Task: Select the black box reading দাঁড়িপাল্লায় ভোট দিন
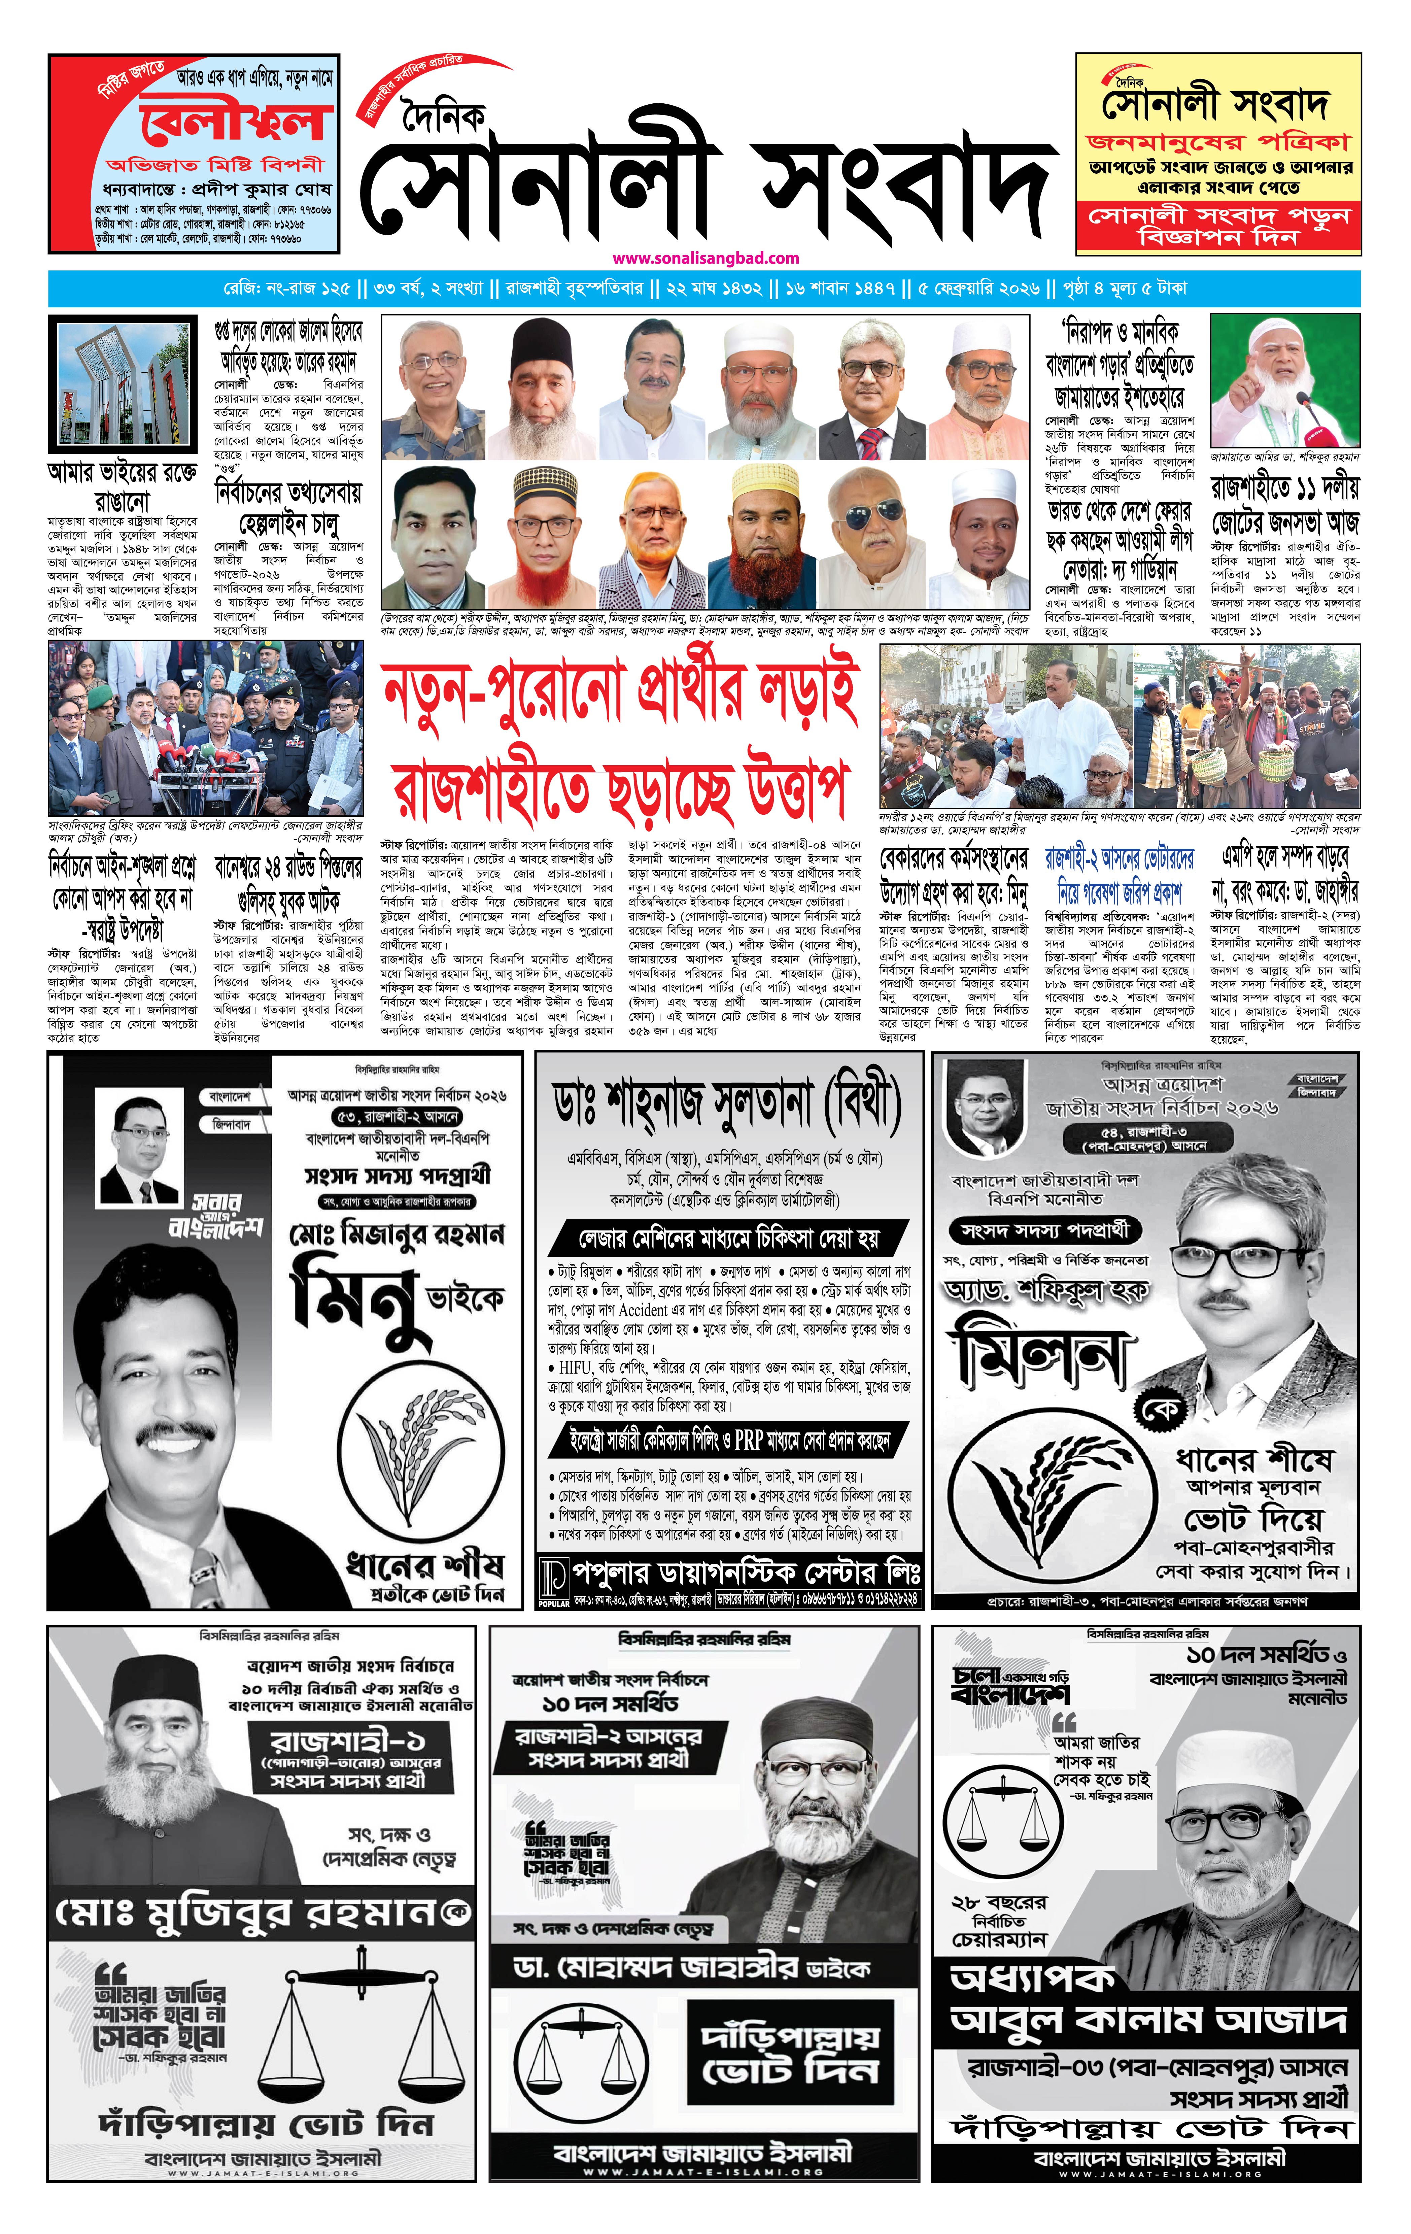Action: [789, 2053]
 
